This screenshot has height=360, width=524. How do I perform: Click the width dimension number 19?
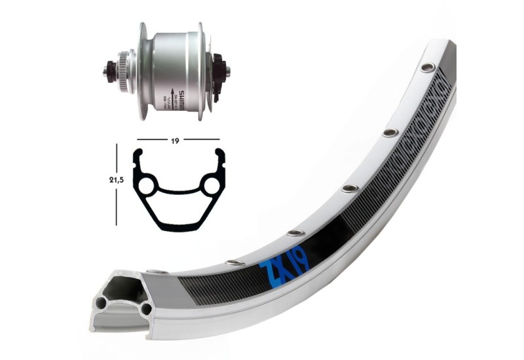pyautogui.click(x=178, y=139)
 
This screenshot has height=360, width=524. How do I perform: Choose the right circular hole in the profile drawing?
pyautogui.click(x=211, y=186)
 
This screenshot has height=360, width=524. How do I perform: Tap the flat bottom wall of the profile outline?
pyautogui.click(x=178, y=228)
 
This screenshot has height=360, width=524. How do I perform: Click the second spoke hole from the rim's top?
pyautogui.click(x=390, y=133)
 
